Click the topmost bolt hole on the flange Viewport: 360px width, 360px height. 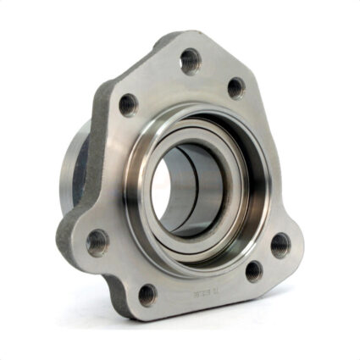(x=190, y=60)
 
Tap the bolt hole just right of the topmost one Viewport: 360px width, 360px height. (x=235, y=86)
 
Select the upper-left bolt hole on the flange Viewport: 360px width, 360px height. (x=128, y=104)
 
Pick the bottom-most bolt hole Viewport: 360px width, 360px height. (x=147, y=294)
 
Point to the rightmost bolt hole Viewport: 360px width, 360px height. (x=279, y=245)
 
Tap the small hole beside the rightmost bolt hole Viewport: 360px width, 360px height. (x=252, y=271)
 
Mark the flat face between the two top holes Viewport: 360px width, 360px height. (x=212, y=80)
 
